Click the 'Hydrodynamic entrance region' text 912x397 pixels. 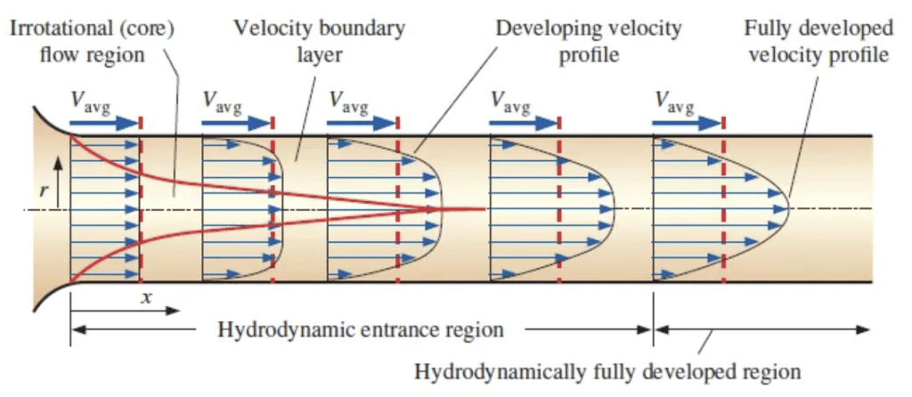click(361, 330)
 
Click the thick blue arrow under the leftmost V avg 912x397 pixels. click(104, 123)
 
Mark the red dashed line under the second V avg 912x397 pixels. click(273, 205)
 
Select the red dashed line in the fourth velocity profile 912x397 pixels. click(559, 205)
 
